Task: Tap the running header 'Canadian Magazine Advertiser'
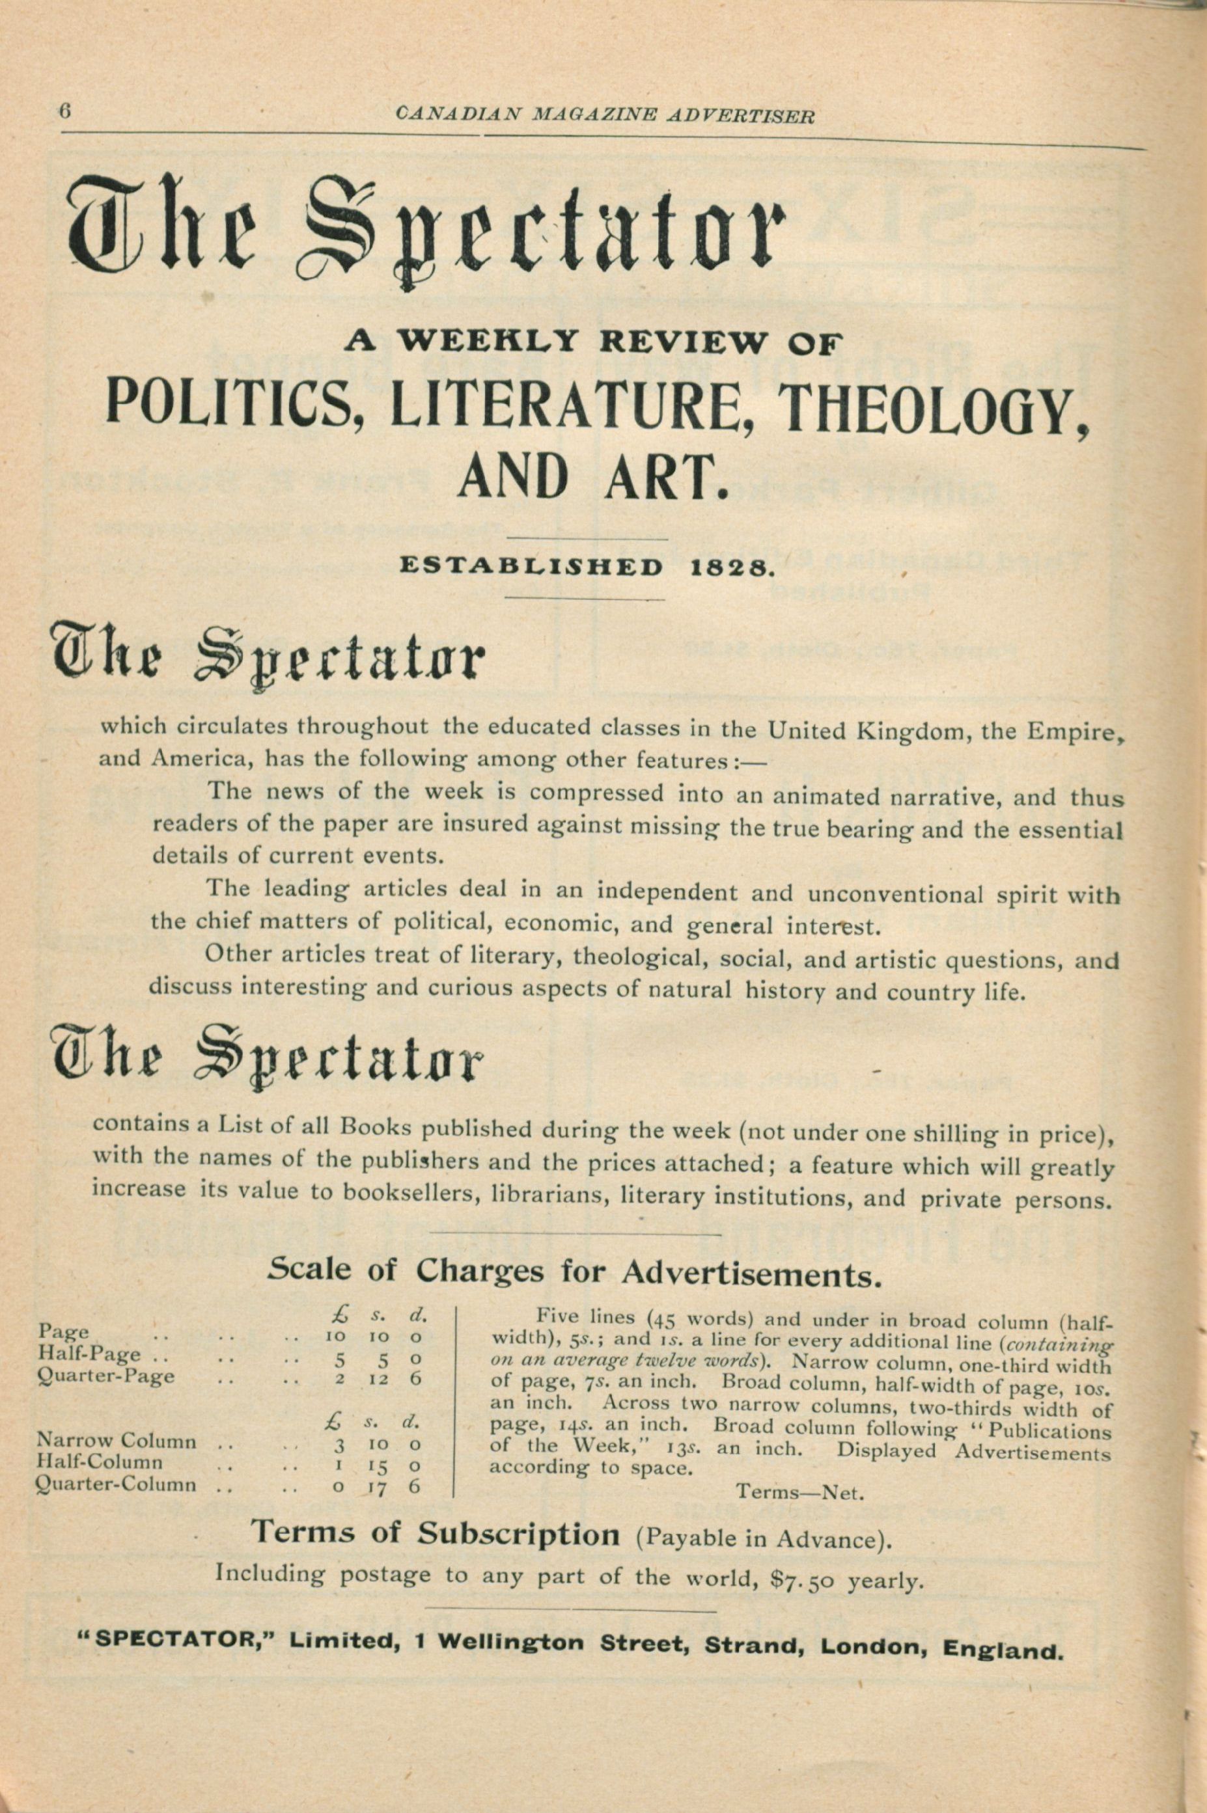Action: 604,115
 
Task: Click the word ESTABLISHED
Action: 531,567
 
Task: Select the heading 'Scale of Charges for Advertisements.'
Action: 574,1272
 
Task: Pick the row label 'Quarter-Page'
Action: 106,1376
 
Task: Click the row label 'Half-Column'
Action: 100,1462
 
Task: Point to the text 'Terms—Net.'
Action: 801,1492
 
